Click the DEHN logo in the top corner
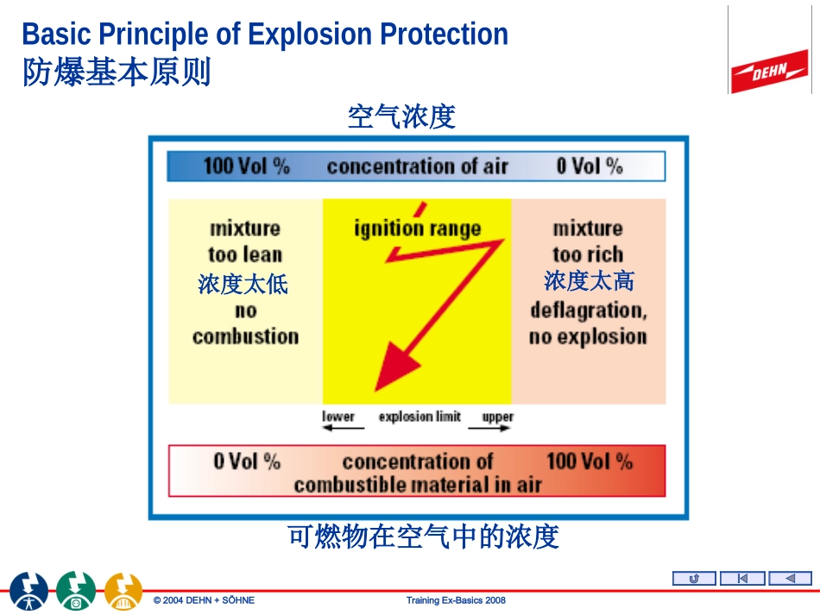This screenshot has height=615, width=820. tap(770, 70)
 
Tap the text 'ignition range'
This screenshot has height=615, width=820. tap(417, 229)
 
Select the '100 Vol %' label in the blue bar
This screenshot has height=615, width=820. tap(246, 166)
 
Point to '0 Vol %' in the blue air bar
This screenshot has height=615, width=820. tap(589, 166)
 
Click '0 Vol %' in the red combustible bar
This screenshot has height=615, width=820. tap(247, 461)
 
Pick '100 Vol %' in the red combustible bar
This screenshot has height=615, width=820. tap(589, 461)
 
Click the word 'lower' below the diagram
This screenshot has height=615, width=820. tap(338, 417)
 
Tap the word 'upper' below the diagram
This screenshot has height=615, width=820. tap(497, 417)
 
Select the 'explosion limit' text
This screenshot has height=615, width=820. tap(419, 417)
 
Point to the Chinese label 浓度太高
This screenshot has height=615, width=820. tap(588, 280)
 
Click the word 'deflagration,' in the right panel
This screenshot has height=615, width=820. tap(588, 310)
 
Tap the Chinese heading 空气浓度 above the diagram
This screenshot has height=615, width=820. tap(401, 116)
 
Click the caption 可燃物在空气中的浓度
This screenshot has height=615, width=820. tap(423, 537)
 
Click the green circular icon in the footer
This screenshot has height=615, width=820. tap(76, 591)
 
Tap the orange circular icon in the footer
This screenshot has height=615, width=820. tap(123, 591)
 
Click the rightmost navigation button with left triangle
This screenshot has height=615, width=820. tap(790, 579)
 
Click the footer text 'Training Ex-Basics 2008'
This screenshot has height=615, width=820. tap(455, 600)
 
